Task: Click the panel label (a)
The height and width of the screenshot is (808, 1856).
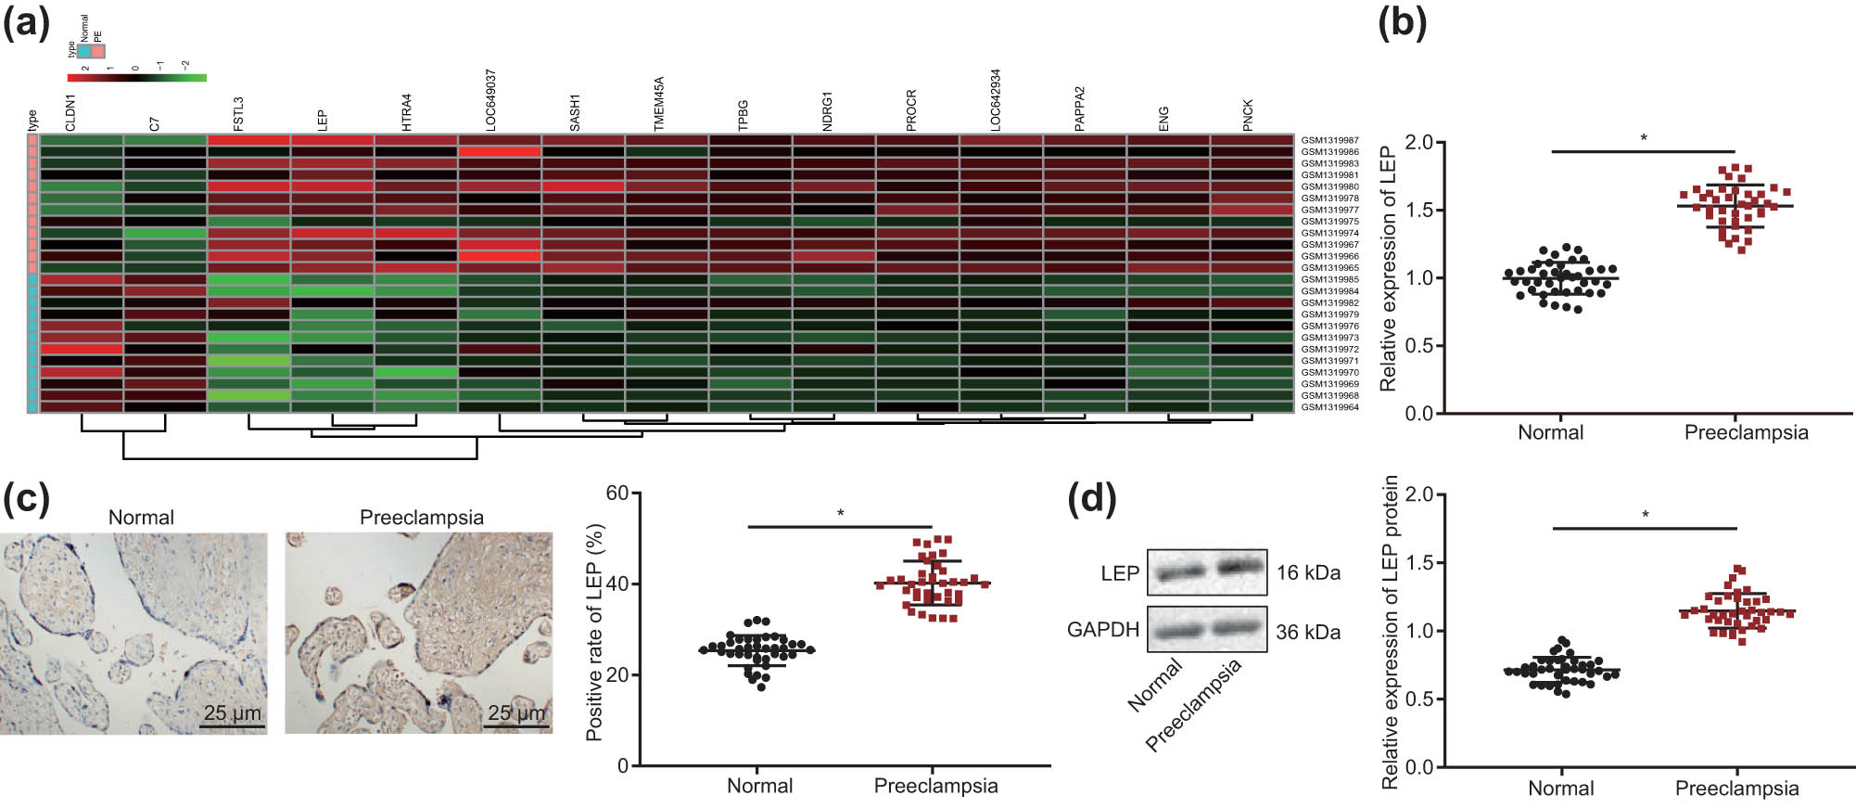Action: [26, 22]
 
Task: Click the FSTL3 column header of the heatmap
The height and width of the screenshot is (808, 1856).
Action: [238, 113]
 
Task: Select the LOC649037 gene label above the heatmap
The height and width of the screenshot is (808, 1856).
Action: [490, 99]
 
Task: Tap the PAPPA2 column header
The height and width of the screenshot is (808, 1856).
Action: [1079, 109]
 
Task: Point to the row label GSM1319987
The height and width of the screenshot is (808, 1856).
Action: [1329, 140]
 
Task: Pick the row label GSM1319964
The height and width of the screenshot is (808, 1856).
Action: [1329, 407]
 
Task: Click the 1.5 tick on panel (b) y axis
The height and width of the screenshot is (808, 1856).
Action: [1418, 211]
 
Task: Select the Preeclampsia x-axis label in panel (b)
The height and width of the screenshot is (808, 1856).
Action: [1746, 432]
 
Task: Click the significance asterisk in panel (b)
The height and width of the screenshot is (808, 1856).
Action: [1644, 138]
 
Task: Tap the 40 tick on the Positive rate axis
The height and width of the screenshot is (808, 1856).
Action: [617, 584]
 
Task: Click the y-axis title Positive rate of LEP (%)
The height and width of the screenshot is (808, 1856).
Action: [594, 632]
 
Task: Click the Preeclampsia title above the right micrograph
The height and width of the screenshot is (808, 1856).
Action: [421, 518]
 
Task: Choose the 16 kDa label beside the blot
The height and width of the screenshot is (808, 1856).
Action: [1308, 572]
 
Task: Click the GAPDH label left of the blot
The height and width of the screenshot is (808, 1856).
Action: [1102, 630]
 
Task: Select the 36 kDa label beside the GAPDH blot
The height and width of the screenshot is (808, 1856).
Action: [1308, 633]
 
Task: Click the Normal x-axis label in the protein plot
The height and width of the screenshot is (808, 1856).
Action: [1560, 789]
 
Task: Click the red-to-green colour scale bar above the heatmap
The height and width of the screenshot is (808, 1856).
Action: [137, 78]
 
